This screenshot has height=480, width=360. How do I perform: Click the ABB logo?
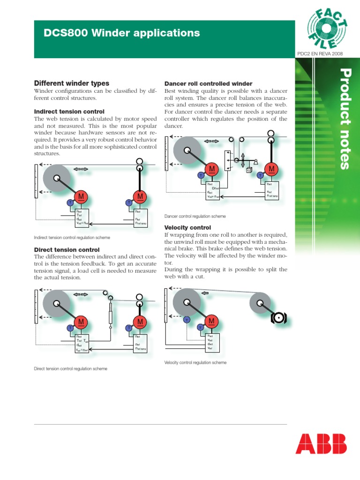pyautogui.click(x=321, y=444)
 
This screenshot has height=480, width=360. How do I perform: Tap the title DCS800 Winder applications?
pyautogui.click(x=122, y=33)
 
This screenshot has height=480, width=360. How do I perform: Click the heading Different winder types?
pyautogui.click(x=72, y=83)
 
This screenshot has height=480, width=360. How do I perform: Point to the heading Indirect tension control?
pyautogui.click(x=69, y=112)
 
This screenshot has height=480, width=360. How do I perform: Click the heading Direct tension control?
pyautogui.click(x=67, y=250)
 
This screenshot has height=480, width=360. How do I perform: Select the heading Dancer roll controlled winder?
pyautogui.click(x=209, y=83)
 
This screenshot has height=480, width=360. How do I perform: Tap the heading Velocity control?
pyautogui.click(x=184, y=227)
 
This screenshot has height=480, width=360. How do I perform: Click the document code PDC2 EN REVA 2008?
pyautogui.click(x=320, y=54)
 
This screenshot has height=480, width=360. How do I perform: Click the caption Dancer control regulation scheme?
pyautogui.click(x=195, y=216)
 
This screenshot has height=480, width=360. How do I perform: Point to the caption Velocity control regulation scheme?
pyautogui.click(x=195, y=362)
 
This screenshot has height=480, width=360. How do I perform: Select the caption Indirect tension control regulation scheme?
pyautogui.click(x=72, y=238)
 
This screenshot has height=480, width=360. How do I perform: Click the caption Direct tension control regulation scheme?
pyautogui.click(x=70, y=368)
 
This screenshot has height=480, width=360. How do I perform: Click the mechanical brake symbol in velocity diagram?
pyautogui.click(x=278, y=319)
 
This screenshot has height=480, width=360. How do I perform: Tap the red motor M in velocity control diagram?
pyautogui.click(x=212, y=321)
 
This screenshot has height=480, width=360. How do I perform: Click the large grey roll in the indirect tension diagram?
pyautogui.click(x=57, y=178)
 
